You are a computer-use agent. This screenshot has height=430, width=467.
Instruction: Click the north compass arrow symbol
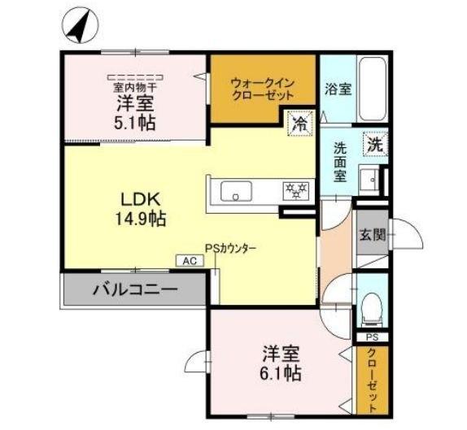78,27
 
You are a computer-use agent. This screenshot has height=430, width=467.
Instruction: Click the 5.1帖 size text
134,123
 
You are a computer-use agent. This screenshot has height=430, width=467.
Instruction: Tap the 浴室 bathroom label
338,89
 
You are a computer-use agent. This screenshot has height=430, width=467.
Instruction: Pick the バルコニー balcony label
134,289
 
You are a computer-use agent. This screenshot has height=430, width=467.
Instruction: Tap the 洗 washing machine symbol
373,146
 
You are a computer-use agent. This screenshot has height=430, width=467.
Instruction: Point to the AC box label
188,262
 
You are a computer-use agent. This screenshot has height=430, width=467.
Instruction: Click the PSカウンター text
231,250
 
